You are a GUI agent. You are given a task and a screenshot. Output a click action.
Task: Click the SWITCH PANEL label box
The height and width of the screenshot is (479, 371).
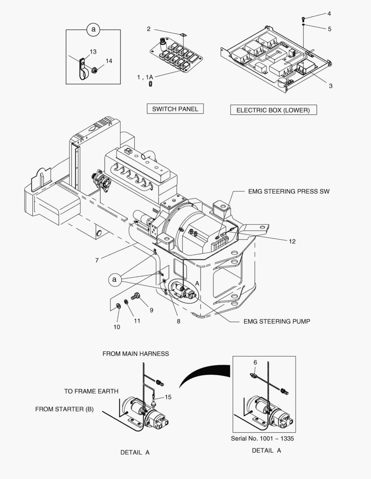click(x=175, y=109)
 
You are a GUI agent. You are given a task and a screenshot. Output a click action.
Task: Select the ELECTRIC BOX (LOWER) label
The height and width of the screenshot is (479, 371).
click(x=273, y=110)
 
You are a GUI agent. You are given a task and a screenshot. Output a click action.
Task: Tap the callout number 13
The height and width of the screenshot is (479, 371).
click(x=93, y=52)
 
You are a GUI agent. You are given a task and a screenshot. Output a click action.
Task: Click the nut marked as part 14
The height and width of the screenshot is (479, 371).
click(x=95, y=70)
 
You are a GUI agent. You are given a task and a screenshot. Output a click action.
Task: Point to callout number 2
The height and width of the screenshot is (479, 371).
click(x=149, y=29)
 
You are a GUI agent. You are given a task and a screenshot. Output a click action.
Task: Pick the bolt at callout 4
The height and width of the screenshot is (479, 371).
click(x=303, y=19)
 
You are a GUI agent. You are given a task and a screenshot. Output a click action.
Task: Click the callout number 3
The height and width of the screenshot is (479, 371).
click(x=331, y=86)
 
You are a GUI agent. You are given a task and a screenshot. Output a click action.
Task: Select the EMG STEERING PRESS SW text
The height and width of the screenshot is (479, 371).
click(x=288, y=192)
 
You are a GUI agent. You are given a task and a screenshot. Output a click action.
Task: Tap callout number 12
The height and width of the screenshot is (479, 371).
click(x=292, y=242)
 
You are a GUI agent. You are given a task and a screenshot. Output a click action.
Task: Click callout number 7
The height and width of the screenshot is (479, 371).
click(x=97, y=260)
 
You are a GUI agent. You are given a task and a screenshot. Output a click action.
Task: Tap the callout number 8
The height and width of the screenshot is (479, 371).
click(x=178, y=322)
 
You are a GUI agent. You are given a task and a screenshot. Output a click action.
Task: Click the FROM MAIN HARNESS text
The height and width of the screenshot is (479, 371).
click(x=136, y=353)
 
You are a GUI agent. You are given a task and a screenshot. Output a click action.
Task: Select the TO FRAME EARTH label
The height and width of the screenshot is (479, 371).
click(x=91, y=391)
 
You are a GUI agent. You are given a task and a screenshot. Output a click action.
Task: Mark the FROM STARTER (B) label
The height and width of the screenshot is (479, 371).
click(x=64, y=409)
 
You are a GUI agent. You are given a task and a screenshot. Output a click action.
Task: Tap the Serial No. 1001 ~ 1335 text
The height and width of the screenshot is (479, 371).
click(x=262, y=438)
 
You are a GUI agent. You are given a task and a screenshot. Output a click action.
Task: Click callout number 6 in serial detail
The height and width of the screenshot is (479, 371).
click(x=255, y=362)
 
